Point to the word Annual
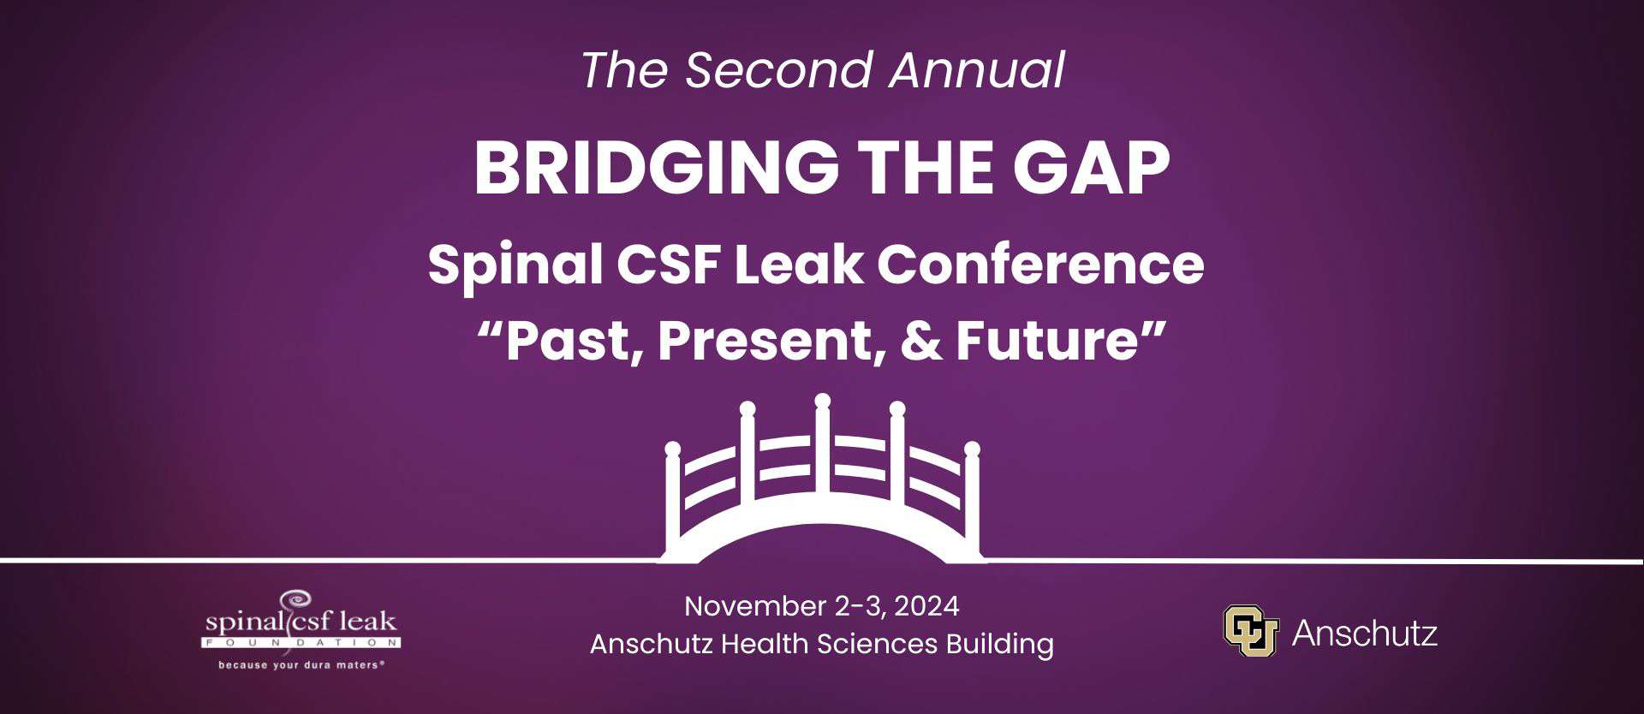point(977,70)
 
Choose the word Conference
point(1040,265)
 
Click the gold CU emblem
point(1251,631)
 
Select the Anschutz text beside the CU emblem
point(1365,634)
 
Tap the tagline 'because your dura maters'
point(301,665)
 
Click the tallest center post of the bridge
point(823,454)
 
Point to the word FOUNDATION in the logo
point(301,641)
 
